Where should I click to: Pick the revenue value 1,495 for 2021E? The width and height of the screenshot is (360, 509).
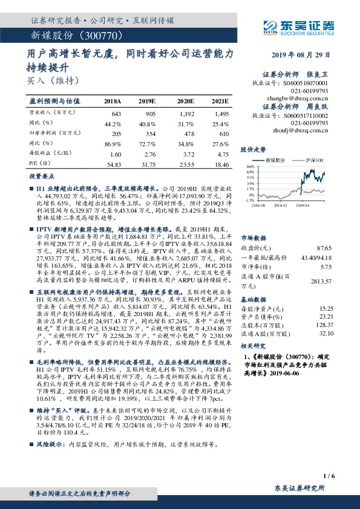[x=221, y=114]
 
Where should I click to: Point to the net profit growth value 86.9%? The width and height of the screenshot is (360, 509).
[x=113, y=144]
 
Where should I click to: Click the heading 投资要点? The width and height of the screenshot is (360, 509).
[x=42, y=177]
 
